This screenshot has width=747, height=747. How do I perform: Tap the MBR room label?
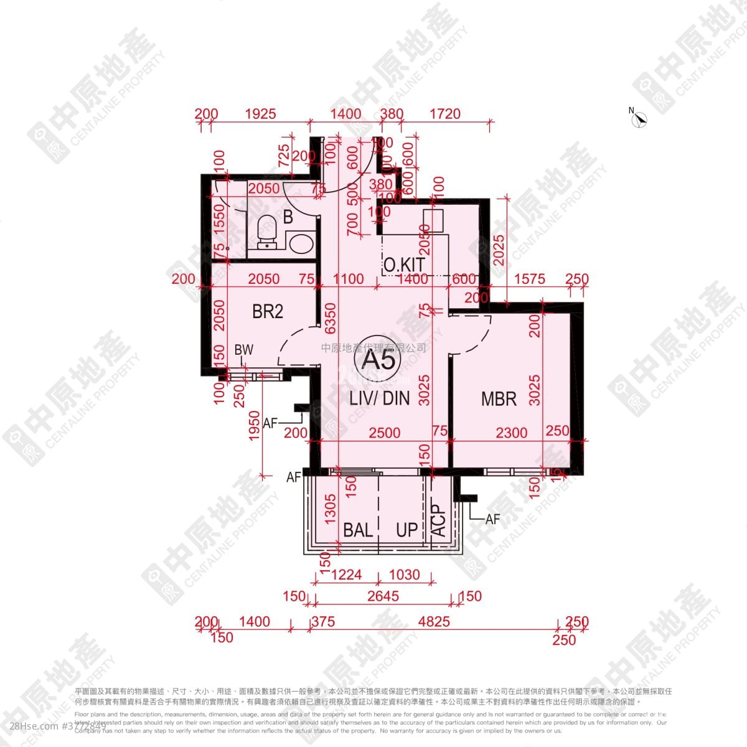(499, 399)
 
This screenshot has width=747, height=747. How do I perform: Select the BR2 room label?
(268, 311)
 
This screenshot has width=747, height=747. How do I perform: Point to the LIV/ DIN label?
(379, 398)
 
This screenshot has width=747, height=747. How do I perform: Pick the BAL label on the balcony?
(358, 530)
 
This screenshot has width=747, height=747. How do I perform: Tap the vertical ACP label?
(439, 520)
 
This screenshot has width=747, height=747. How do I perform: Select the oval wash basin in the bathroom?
(301, 242)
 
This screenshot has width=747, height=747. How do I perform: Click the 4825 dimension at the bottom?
(434, 621)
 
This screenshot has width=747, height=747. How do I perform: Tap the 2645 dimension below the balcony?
(383, 596)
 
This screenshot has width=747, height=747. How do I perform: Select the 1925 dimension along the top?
(260, 114)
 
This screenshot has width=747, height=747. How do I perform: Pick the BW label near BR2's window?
(244, 350)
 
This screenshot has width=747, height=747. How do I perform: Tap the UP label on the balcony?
(407, 530)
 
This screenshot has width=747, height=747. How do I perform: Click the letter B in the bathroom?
(288, 217)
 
